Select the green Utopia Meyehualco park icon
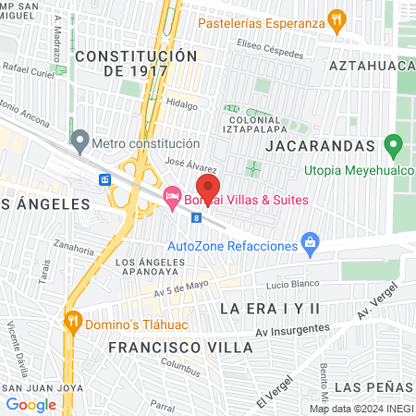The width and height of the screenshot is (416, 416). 393,145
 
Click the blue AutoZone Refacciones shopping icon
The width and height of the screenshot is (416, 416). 311,245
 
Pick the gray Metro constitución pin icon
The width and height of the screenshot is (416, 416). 80,143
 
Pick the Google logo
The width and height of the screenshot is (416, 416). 31,404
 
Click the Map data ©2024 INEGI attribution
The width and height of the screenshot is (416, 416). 360,409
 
